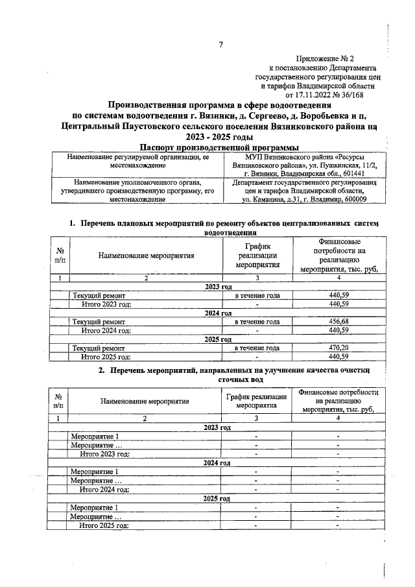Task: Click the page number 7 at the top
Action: (x=220, y=45)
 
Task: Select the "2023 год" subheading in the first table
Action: (x=218, y=286)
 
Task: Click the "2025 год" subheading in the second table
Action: (x=218, y=498)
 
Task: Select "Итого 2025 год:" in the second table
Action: (x=104, y=525)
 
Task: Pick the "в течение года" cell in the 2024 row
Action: (x=257, y=321)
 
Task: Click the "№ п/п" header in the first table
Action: (x=60, y=255)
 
